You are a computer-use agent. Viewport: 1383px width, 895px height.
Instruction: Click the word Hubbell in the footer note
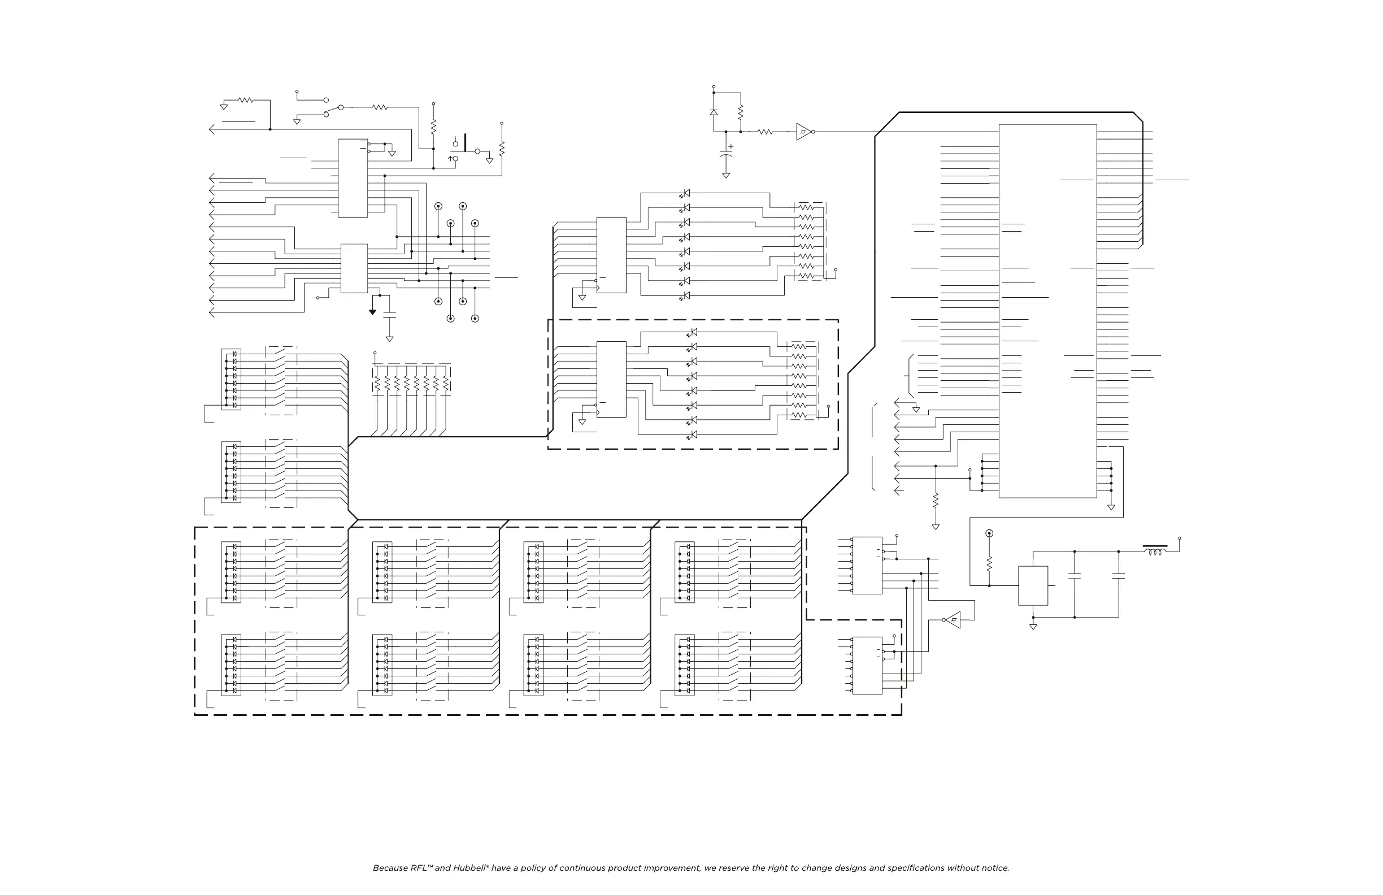coord(469,868)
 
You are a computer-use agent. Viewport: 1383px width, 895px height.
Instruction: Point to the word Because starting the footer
coord(390,868)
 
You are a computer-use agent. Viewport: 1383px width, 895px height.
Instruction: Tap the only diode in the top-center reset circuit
coord(714,111)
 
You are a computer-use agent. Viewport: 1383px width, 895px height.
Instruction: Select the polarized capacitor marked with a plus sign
coord(726,155)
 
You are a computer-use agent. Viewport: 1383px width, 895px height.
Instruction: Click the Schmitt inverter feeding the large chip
coord(804,132)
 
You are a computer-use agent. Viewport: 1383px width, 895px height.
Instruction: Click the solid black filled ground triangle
coord(372,312)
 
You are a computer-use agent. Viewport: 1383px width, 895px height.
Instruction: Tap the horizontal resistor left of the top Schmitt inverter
coord(765,132)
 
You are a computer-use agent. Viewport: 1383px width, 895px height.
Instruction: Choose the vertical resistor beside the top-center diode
coord(740,112)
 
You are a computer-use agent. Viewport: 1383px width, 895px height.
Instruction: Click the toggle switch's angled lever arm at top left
coord(333,110)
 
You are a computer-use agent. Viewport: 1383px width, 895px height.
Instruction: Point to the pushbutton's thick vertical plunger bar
coord(465,142)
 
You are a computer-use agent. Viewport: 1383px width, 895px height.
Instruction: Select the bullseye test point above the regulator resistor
coord(989,533)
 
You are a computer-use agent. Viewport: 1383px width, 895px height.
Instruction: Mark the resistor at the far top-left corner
coord(246,100)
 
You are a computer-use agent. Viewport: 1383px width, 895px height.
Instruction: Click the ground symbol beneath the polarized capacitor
coord(726,175)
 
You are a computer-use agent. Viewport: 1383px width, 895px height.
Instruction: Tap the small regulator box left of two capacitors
coord(1033,586)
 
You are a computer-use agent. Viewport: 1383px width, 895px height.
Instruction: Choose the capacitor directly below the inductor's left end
coord(1119,576)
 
